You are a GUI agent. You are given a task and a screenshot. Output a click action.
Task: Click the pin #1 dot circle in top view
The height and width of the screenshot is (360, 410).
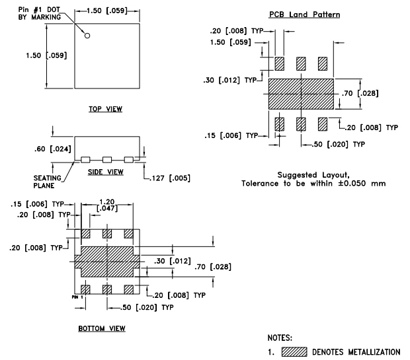[87, 36]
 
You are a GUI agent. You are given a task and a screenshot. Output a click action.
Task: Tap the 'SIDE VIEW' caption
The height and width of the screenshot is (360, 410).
[106, 172]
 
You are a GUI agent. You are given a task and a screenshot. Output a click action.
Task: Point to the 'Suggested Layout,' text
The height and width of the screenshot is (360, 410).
[304, 174]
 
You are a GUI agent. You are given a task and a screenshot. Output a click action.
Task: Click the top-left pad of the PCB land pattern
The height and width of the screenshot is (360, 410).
[279, 63]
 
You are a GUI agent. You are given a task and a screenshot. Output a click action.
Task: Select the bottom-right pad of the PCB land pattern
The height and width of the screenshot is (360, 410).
[323, 124]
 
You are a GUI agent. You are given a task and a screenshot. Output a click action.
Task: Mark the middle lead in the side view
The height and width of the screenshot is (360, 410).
[106, 159]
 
